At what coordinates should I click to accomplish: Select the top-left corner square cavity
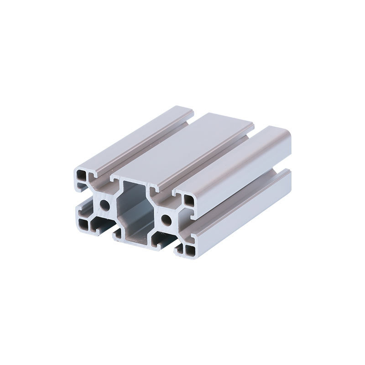click(x=82, y=176)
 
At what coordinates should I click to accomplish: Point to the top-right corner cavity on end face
click(x=188, y=198)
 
